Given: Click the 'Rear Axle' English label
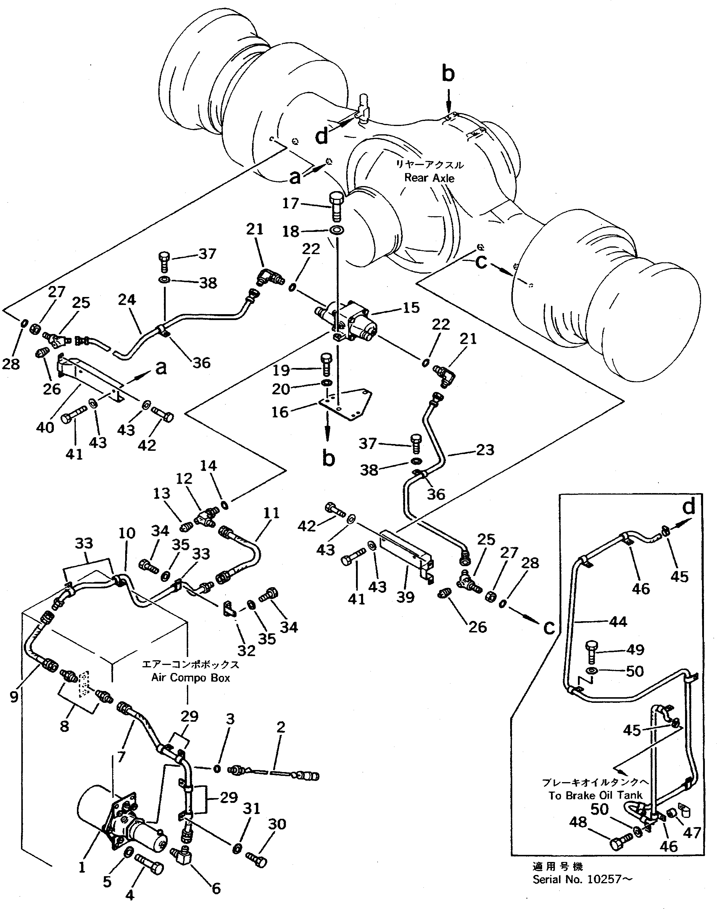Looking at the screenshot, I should (x=429, y=178).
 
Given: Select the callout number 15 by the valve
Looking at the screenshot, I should (x=411, y=308).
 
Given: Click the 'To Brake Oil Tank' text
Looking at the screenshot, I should (x=595, y=795).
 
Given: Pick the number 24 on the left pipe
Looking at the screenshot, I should (x=127, y=300).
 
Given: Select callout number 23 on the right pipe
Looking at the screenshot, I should (x=485, y=450).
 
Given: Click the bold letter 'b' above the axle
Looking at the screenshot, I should (x=448, y=74).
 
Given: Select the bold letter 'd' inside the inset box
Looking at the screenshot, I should (x=689, y=507).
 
